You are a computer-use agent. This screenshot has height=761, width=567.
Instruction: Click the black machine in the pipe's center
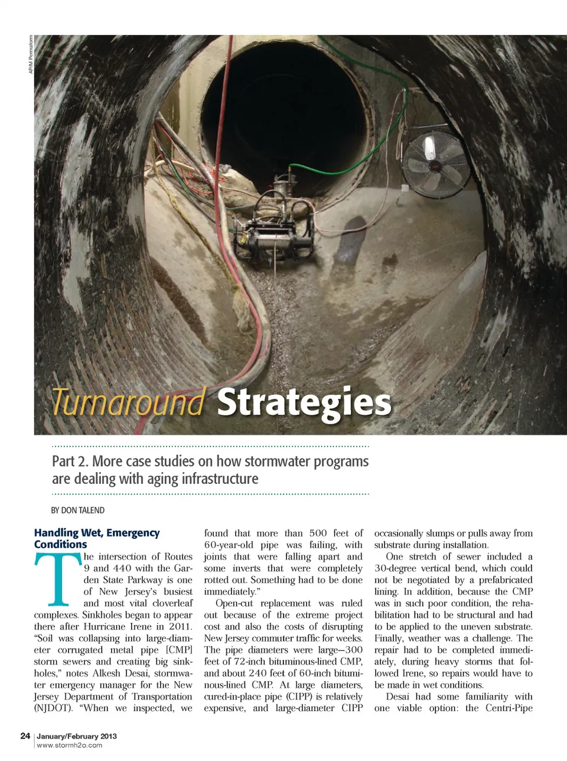[273, 227]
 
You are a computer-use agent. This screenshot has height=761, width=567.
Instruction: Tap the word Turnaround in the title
[129, 402]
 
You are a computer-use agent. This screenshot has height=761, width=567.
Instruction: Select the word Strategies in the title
[304, 402]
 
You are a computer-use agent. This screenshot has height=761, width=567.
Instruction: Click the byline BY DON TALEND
[78, 510]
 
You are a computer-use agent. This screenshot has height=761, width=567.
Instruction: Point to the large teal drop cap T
[57, 580]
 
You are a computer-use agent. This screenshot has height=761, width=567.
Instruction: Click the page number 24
[25, 736]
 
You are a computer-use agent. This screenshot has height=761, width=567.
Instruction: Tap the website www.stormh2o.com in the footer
[69, 746]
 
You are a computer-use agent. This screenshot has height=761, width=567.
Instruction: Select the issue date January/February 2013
[77, 736]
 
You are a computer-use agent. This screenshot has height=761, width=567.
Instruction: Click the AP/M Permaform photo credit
[31, 54]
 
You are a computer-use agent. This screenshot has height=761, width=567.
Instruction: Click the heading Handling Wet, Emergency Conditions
[96, 538]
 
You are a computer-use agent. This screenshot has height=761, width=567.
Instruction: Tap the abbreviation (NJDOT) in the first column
[53, 708]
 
